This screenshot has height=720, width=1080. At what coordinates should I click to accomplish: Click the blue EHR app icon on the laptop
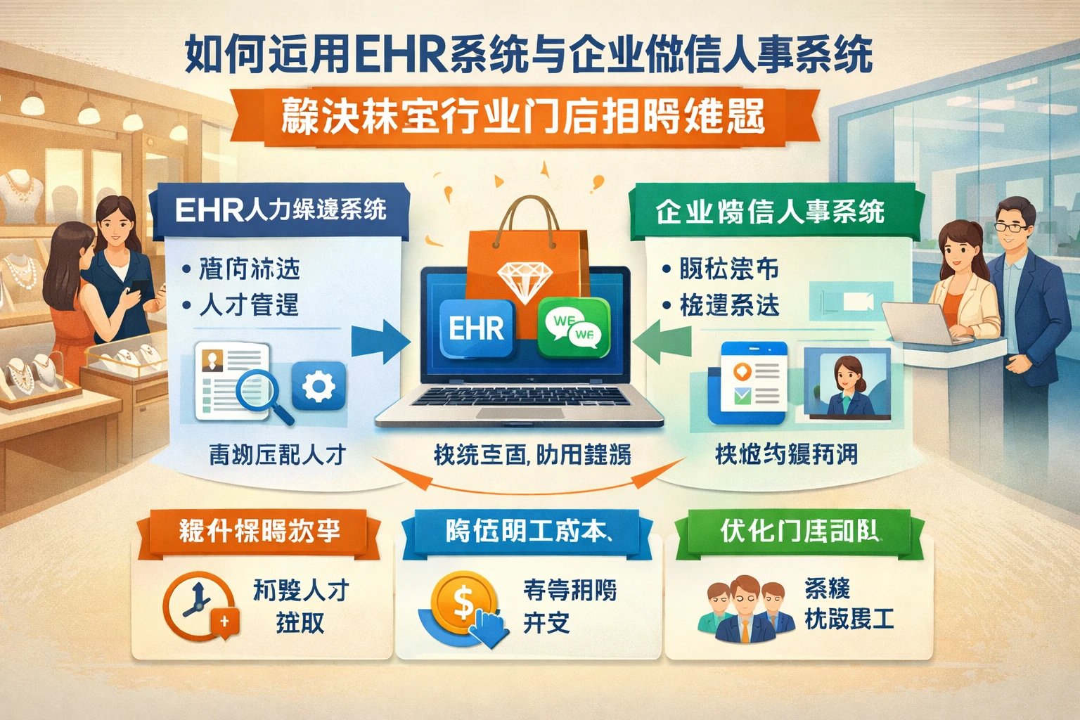click(477, 328)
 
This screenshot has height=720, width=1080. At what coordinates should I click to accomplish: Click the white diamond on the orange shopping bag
click(524, 281)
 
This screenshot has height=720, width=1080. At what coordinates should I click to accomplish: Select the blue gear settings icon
click(318, 386)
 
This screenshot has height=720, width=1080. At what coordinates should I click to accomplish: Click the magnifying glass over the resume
click(262, 391)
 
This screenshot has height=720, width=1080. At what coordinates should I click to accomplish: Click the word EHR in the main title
click(401, 55)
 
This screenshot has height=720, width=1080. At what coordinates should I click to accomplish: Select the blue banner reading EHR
click(281, 209)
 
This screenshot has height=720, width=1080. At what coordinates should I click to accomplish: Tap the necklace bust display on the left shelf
click(21, 193)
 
